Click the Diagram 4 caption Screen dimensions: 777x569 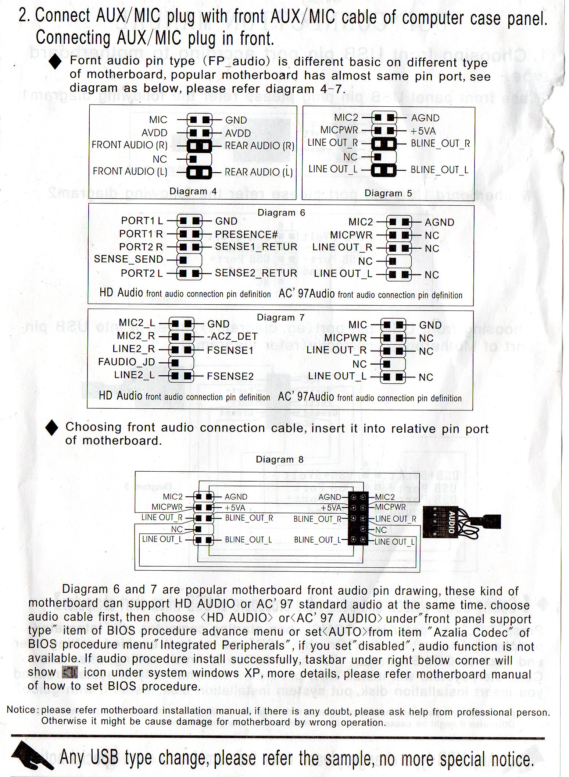pos(193,191)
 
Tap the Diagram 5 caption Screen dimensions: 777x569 pos(388,194)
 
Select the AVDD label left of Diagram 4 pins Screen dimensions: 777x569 pos(154,133)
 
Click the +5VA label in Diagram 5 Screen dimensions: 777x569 pos(423,131)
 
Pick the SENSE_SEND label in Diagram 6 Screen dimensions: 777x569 pos(128,259)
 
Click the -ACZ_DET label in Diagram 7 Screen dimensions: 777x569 pos(232,337)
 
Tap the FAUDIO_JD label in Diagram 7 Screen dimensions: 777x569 pos(126,362)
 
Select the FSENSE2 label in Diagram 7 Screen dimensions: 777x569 pos(230,376)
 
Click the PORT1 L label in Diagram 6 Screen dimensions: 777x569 pos(142,221)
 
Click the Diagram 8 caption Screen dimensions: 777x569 pos(280,460)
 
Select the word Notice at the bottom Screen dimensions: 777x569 pos(21,710)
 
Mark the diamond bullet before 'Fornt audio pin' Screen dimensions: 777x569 pos(56,63)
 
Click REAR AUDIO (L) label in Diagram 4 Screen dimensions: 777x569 pos(258,172)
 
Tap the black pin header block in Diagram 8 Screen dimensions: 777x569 pos(358,519)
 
